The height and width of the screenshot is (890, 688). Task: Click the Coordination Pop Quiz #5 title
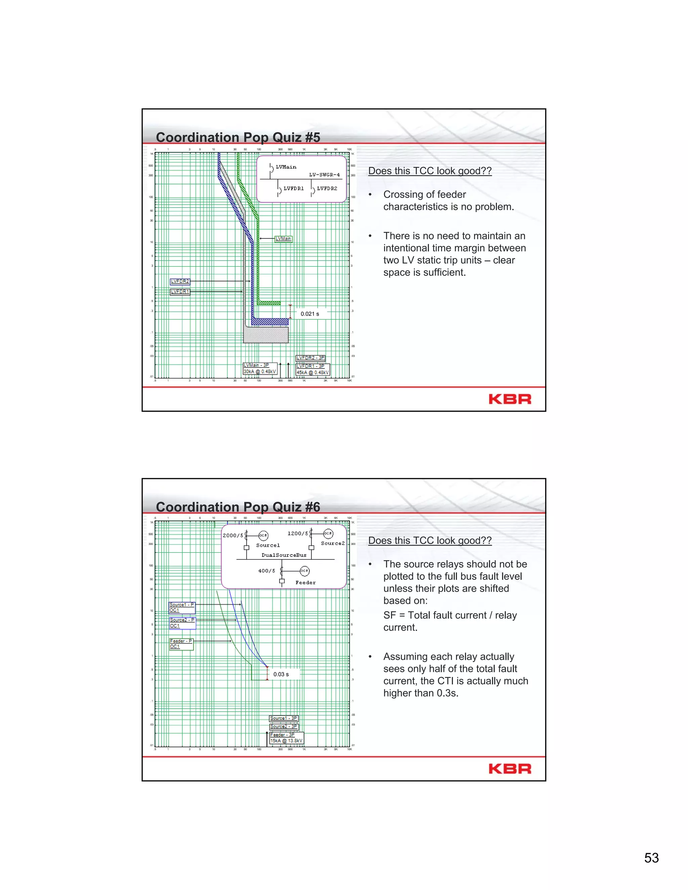tap(238, 137)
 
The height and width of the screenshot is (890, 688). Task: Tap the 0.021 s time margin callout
tap(310, 314)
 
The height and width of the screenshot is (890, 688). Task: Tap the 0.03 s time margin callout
tap(281, 674)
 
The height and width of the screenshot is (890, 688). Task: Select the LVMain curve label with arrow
tap(283, 239)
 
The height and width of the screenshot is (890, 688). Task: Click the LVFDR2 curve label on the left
tap(180, 281)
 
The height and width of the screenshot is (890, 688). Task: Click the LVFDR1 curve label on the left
tap(180, 292)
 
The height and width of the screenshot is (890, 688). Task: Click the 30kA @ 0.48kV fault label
tap(260, 372)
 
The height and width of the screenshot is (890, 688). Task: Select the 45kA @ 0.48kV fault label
tap(313, 372)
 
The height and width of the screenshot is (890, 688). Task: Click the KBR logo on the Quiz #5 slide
tap(510, 399)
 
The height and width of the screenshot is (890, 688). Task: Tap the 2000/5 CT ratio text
tap(233, 535)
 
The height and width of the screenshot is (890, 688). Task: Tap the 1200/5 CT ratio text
tap(298, 533)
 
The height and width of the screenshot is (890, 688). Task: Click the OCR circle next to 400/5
tap(304, 571)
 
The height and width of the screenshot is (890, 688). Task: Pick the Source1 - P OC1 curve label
tap(182, 608)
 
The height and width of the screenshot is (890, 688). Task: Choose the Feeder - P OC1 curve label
tap(181, 644)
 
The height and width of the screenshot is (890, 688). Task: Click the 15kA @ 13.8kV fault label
tap(286, 741)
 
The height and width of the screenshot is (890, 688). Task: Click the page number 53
tap(651, 858)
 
